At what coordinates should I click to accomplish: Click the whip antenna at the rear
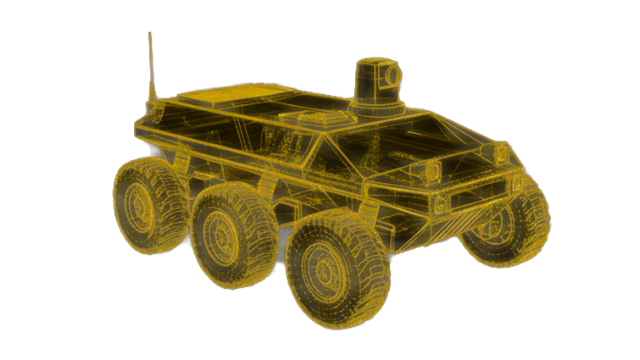[x=153, y=72]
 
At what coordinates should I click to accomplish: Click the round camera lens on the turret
[x=392, y=77]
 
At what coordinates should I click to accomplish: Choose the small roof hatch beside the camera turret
[x=306, y=118]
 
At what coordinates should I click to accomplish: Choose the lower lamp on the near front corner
[x=439, y=203]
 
